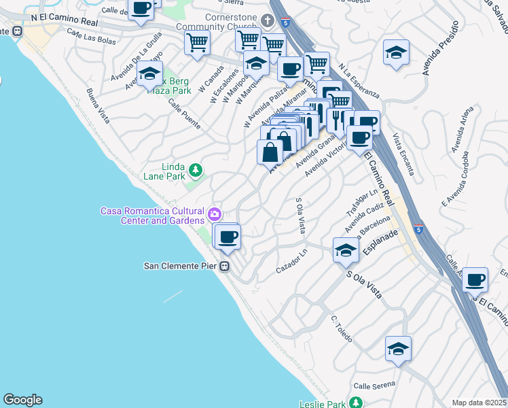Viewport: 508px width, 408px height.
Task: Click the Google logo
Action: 22,400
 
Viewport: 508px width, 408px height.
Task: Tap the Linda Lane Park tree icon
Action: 196,169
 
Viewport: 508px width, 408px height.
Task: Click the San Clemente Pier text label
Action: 181,266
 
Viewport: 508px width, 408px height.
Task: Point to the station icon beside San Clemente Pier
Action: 225,267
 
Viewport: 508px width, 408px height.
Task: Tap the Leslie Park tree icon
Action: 355,403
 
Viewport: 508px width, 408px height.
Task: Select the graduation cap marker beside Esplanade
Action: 346,250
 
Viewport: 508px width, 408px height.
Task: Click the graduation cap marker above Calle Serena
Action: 398,349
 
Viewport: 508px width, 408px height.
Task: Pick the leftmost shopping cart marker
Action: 198,42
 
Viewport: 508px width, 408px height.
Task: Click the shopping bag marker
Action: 270,152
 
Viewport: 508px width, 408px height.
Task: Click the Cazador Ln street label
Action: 291,261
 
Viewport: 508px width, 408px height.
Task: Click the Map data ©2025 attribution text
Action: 479,403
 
